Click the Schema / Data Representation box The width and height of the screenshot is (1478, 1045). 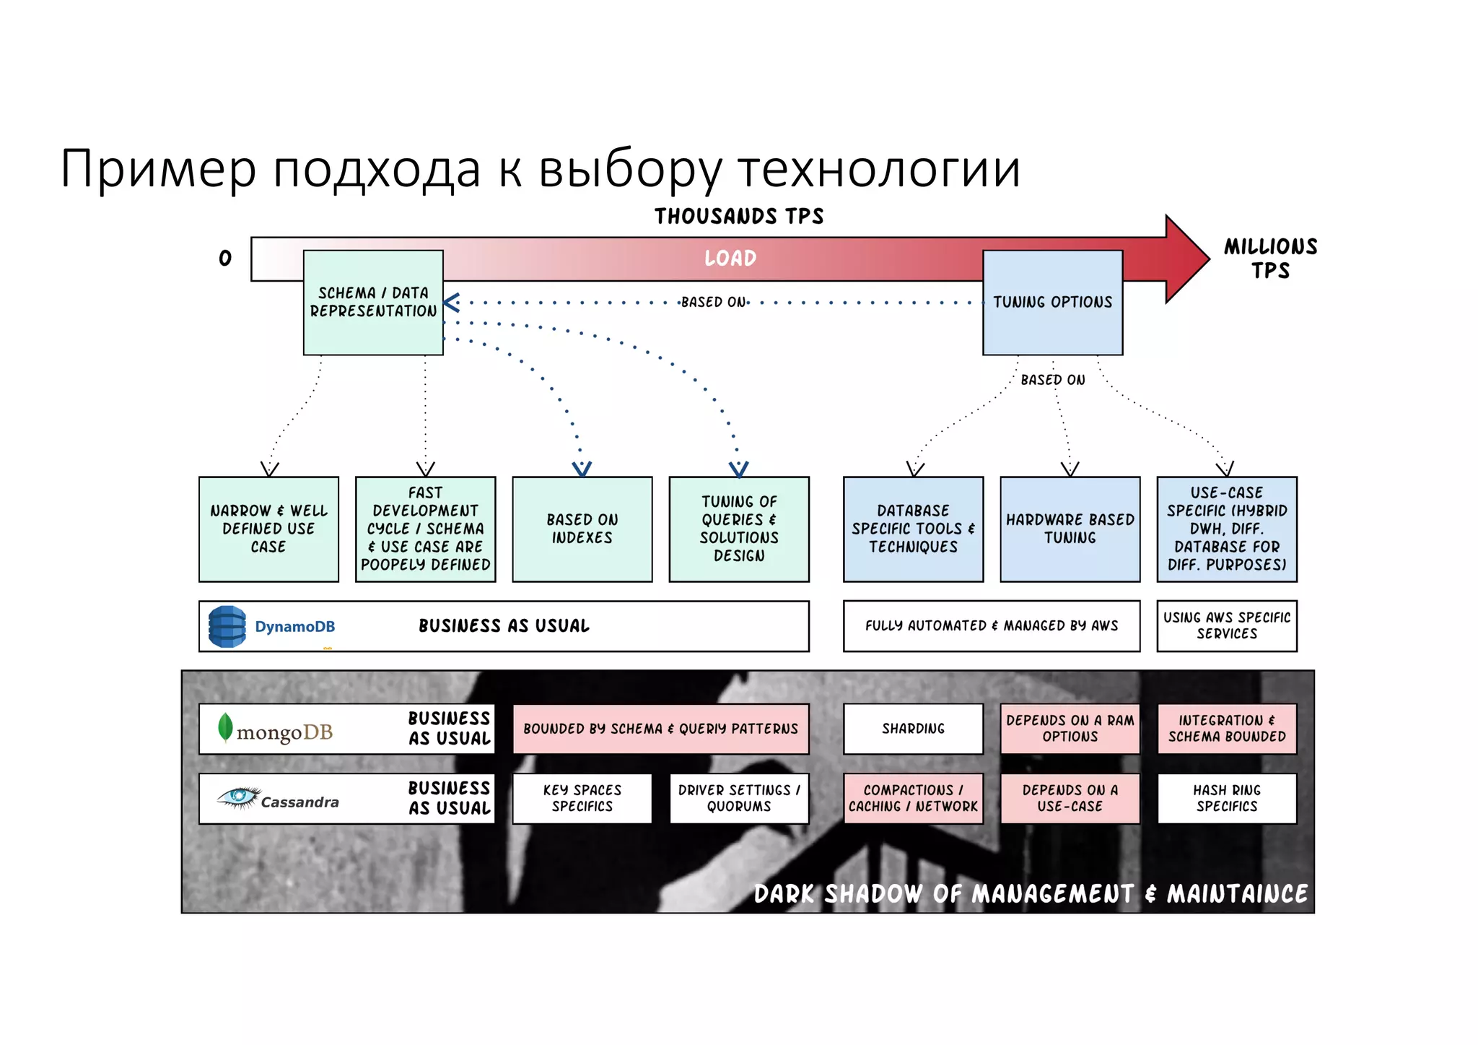[373, 303]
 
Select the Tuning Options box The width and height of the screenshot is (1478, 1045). [1052, 303]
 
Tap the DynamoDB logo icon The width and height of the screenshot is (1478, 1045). [227, 626]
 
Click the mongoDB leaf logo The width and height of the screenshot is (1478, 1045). [225, 728]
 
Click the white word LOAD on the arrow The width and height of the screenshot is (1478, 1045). [730, 259]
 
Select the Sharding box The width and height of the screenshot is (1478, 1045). [913, 729]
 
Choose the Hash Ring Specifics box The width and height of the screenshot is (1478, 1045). [1227, 798]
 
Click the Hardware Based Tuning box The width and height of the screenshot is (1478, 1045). [1070, 529]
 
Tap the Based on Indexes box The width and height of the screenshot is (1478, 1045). [582, 529]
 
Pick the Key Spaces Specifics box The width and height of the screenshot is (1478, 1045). [582, 798]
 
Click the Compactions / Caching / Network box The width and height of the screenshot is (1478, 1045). [913, 798]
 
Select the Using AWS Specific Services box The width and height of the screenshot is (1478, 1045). [1227, 625]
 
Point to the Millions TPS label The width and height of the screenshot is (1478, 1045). [1270, 259]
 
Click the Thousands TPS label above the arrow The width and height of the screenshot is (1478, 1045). [739, 216]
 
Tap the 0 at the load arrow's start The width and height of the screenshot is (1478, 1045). [225, 259]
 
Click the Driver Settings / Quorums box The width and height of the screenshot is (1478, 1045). [739, 798]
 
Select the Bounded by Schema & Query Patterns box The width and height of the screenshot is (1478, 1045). [660, 729]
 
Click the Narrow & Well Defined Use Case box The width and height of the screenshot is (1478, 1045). [268, 529]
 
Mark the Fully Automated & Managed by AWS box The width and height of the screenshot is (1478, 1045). [992, 625]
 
